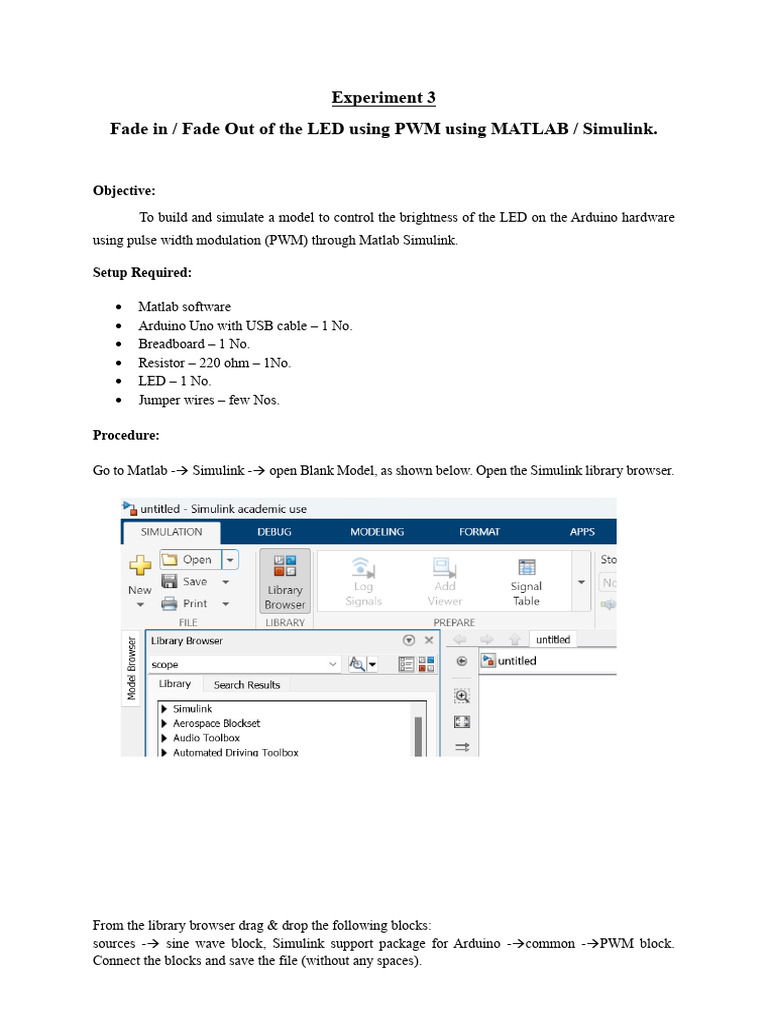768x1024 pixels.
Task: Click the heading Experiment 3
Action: (384, 98)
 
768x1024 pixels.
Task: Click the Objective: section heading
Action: (124, 190)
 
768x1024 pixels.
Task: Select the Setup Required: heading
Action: (142, 272)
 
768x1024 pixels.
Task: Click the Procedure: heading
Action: (126, 435)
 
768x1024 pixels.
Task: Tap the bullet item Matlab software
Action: (184, 307)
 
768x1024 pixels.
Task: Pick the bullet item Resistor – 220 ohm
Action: (214, 362)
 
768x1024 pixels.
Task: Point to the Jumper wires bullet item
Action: (208, 399)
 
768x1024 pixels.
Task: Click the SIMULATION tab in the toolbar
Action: (171, 532)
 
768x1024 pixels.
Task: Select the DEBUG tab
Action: (274, 532)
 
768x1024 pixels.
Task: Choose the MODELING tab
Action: (377, 532)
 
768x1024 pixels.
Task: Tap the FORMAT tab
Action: (479, 532)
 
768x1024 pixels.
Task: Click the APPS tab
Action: (582, 532)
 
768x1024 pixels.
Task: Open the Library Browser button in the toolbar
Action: (285, 581)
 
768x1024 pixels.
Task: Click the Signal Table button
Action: (526, 581)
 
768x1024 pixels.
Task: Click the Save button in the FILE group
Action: (194, 582)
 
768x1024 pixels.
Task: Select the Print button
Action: (194, 603)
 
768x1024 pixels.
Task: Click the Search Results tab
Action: (247, 685)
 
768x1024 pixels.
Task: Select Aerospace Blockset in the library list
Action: (216, 723)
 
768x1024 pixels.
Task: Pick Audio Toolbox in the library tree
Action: (206, 738)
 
